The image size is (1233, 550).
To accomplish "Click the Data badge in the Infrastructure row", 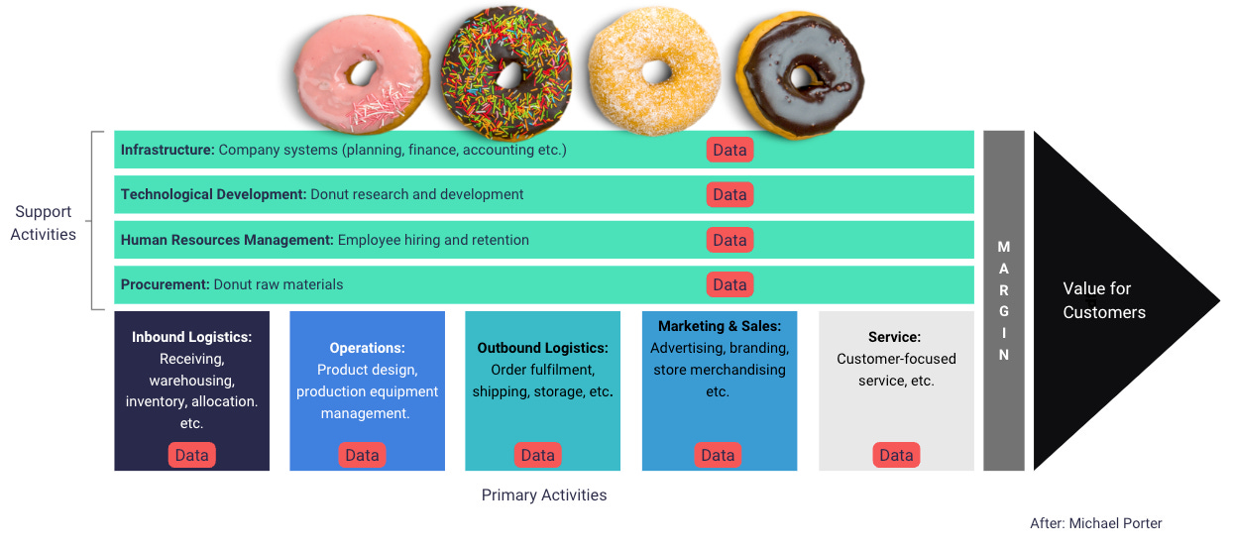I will (x=729, y=150).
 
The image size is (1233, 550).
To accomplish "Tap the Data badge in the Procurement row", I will (x=729, y=284).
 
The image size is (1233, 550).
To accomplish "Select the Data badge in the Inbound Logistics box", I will (x=192, y=455).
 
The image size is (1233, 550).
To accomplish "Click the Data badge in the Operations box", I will (x=362, y=455).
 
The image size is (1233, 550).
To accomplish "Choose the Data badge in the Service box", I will (x=896, y=455).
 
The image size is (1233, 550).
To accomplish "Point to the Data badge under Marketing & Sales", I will (x=718, y=455).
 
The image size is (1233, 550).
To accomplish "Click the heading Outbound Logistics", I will (x=542, y=348).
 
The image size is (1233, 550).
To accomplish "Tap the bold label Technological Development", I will (x=213, y=194).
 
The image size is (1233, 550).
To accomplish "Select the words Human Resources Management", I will (x=227, y=240).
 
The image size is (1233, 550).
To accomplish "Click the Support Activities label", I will (x=44, y=223).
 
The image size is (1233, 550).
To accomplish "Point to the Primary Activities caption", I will (x=544, y=495).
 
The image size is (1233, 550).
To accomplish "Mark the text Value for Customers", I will (x=1103, y=300).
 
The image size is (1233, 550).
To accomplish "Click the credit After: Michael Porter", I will (x=1096, y=523).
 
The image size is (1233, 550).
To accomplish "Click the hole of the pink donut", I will (x=363, y=71).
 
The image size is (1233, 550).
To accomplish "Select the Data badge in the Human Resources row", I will (x=729, y=240).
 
